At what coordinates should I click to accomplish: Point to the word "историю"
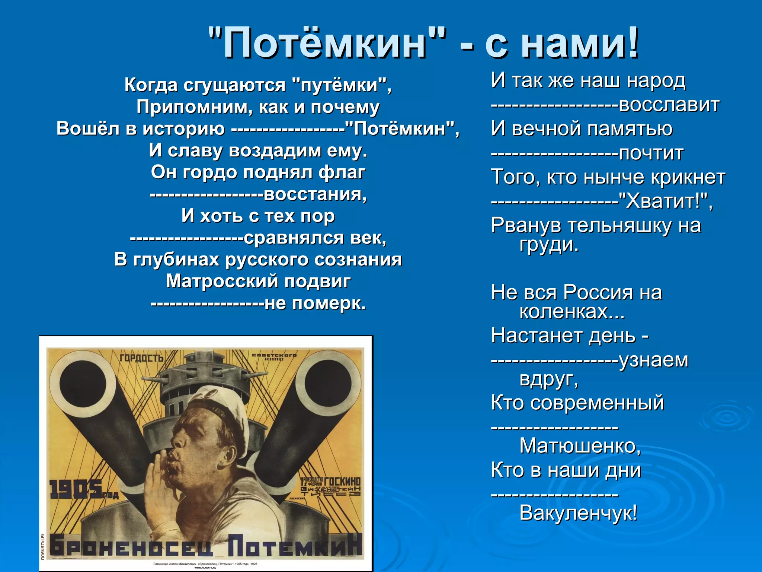(184, 129)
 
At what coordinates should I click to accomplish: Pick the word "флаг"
(342, 172)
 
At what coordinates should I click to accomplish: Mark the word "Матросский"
(222, 281)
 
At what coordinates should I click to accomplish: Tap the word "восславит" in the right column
(669, 105)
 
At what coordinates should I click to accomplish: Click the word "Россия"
(597, 292)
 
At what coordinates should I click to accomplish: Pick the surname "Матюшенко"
(580, 446)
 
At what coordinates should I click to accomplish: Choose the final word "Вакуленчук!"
(578, 513)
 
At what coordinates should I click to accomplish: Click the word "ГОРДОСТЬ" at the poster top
(142, 358)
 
